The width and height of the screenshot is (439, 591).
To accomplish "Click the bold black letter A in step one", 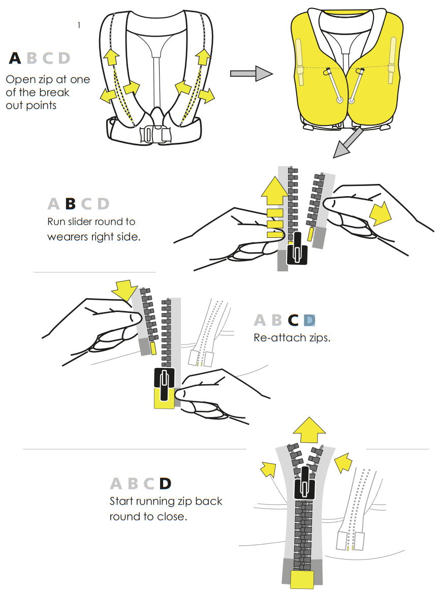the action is pos(15,58).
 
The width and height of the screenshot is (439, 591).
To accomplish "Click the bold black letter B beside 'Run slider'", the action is pos(71,204).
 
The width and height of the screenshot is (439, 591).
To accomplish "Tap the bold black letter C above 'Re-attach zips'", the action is pos(293,320).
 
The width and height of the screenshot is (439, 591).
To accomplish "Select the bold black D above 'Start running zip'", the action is pos(165,484).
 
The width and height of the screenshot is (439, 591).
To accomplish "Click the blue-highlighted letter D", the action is pos(309,320).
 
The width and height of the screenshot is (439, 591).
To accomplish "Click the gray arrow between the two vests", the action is pos(252,73).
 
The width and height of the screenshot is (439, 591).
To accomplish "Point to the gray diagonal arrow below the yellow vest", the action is pos(348,143).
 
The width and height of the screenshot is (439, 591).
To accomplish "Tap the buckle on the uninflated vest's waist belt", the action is pos(155,134).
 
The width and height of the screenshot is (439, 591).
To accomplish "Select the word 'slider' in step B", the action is pos(82,221).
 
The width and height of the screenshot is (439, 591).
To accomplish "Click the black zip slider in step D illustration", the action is pos(304,484).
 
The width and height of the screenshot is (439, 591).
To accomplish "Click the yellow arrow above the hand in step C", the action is pos(124,290).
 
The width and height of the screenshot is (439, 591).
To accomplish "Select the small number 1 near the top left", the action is pos(79,25).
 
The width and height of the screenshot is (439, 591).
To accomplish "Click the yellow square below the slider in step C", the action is pos(164,398).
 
